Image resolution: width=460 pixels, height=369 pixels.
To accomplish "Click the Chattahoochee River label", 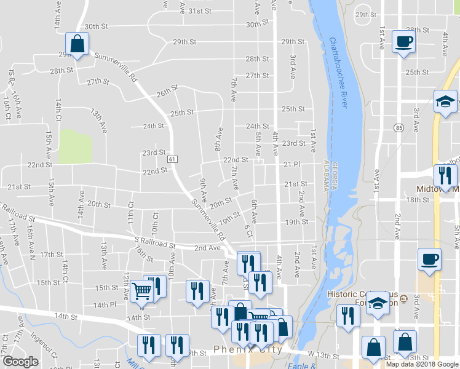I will (339, 74).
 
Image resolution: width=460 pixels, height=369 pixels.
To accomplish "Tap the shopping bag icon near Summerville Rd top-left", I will (77, 44).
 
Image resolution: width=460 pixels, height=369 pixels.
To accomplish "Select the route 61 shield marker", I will (172, 159).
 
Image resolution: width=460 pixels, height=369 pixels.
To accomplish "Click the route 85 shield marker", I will (400, 128).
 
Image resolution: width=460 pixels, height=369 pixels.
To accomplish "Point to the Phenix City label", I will (248, 350).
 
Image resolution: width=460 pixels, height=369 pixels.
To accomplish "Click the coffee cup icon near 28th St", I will (403, 41).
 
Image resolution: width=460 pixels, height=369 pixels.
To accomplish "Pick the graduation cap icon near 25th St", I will (445, 101).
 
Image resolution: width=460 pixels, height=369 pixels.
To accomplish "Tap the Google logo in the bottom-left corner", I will (20, 362).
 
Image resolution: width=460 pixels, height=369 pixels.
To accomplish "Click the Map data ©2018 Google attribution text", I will (422, 364).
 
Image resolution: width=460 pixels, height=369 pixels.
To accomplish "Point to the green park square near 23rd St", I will (75, 147).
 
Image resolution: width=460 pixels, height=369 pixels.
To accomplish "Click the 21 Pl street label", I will (291, 165).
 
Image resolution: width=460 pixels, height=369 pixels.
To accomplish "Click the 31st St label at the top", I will (200, 11).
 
